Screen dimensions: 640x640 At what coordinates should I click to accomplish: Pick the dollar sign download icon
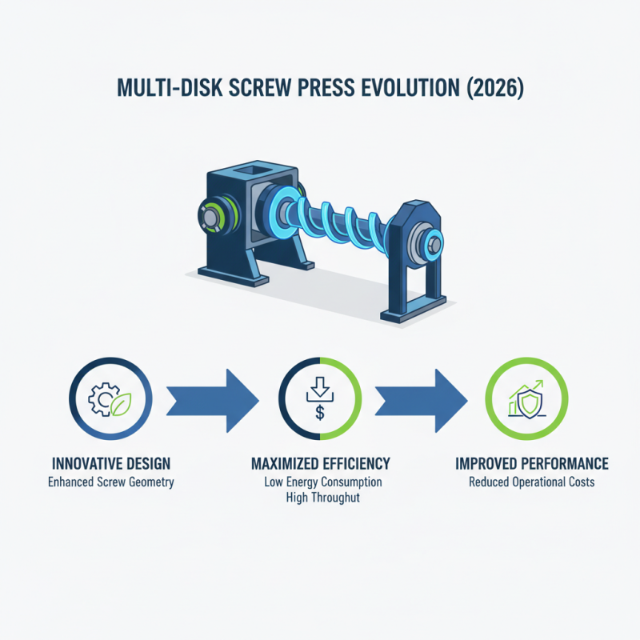[x=319, y=398]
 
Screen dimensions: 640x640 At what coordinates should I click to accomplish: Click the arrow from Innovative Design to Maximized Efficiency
[x=213, y=398]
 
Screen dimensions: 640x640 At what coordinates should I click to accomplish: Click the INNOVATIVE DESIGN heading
[x=110, y=464]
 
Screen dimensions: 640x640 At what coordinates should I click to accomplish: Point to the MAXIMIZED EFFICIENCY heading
[x=320, y=464]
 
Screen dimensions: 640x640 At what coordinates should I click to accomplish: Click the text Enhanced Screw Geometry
[x=110, y=482]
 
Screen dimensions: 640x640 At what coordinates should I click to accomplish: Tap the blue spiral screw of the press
[x=344, y=220]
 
